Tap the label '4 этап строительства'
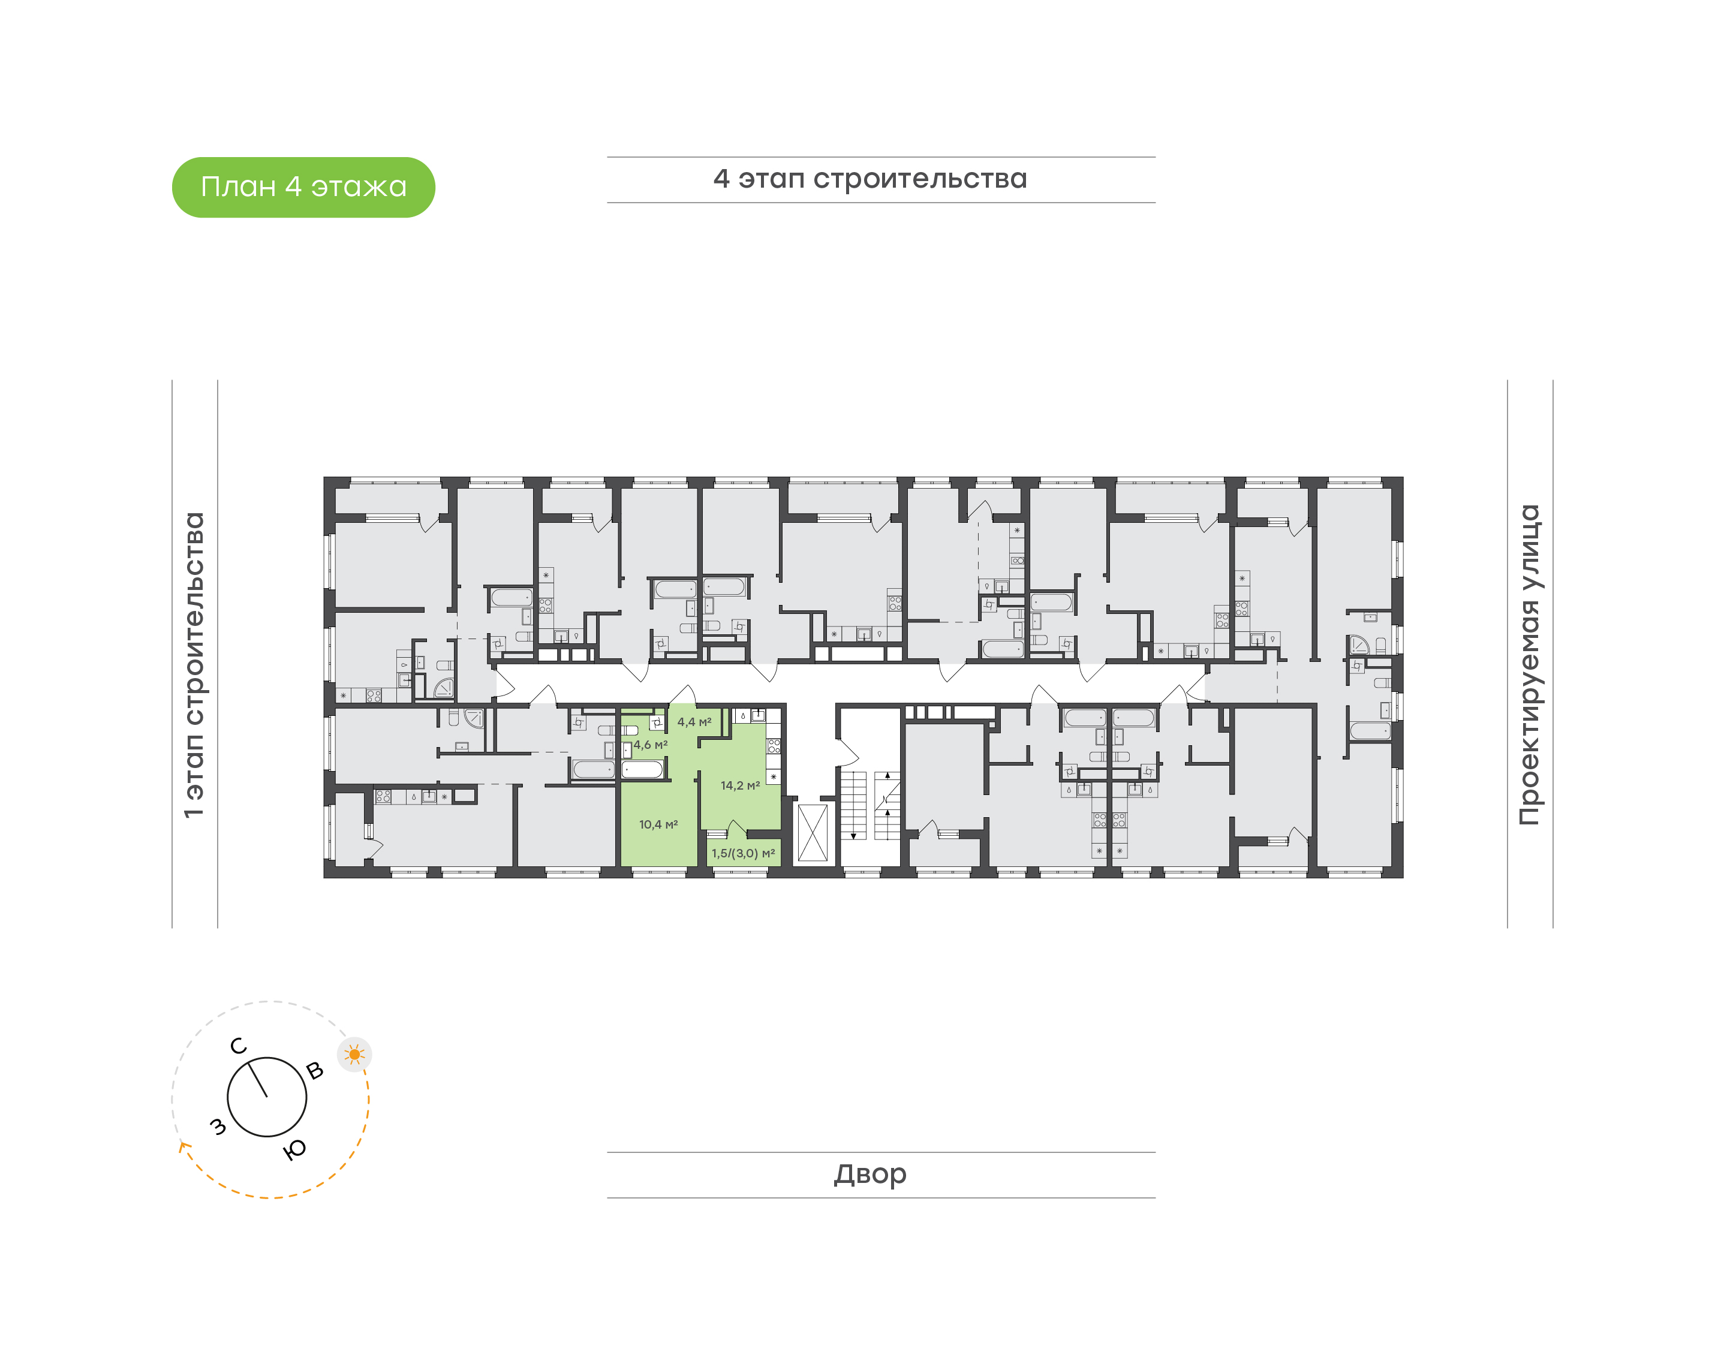tap(869, 179)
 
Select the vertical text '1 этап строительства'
tap(194, 666)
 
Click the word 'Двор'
tap(870, 1174)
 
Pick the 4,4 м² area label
tap(694, 722)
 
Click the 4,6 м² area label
tap(651, 745)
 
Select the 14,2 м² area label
tap(740, 785)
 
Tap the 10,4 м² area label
tap(658, 824)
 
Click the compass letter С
tap(238, 1046)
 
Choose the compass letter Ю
tap(295, 1149)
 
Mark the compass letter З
tap(217, 1127)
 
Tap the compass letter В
tap(315, 1071)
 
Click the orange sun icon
tap(354, 1055)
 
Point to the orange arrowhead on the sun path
tap(184, 1146)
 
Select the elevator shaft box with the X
tap(813, 833)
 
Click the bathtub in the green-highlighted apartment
tap(642, 769)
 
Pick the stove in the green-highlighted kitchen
tap(774, 746)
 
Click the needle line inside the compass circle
tap(258, 1080)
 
